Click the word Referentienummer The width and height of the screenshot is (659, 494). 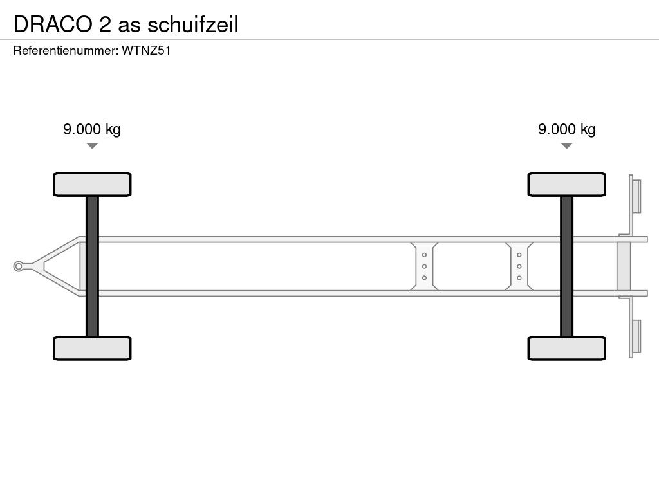(x=64, y=51)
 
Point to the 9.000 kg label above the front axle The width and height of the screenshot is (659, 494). (x=91, y=129)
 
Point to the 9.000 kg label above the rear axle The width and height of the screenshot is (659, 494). (x=566, y=129)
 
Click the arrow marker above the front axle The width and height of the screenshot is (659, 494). (x=92, y=146)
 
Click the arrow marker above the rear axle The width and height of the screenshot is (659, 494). (x=566, y=146)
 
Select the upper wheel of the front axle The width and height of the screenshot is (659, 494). (x=92, y=184)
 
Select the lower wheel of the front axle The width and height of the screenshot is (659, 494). (x=92, y=348)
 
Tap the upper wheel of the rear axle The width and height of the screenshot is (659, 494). (x=566, y=184)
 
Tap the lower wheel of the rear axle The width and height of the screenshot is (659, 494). (x=566, y=348)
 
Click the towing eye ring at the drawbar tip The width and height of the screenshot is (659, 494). (x=19, y=266)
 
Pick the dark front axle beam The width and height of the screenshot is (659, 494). (x=92, y=266)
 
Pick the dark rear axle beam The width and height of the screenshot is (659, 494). (x=566, y=266)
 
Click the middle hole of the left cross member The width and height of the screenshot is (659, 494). (x=425, y=266)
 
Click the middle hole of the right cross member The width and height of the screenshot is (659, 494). (x=519, y=266)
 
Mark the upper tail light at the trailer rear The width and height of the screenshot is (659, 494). (x=636, y=196)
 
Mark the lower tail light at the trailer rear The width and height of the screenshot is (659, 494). (x=636, y=336)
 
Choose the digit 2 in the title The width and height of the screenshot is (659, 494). (x=104, y=24)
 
